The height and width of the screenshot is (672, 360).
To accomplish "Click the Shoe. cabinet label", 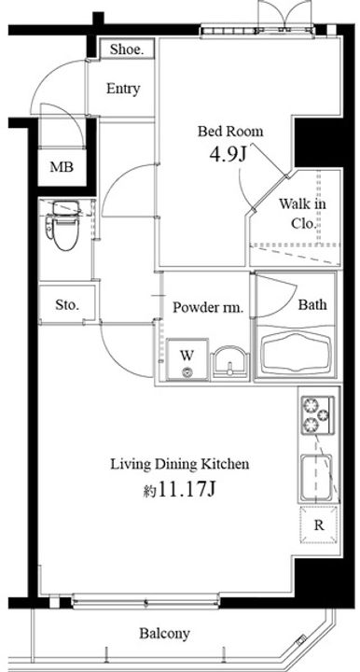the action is click(126, 49).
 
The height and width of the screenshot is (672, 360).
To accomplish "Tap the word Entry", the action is click(123, 89).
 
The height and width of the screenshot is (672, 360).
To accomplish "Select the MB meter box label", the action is click(62, 167).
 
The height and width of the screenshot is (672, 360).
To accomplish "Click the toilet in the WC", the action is click(63, 226).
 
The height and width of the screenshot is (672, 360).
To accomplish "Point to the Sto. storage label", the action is click(67, 304).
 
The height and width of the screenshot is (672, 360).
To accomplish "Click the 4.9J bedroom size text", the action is click(228, 154).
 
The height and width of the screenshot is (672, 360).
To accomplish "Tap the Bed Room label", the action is click(230, 132).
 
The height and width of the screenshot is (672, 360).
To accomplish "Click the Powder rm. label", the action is click(208, 307).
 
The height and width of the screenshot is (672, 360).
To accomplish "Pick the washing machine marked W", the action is click(187, 359).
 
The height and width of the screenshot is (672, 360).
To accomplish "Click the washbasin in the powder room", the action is click(230, 363).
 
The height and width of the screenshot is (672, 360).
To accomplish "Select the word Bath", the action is click(312, 304).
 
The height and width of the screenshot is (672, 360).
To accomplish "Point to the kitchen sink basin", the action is click(317, 477).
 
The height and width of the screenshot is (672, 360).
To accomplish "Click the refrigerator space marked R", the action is click(319, 525).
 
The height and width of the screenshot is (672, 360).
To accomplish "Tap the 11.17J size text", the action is click(179, 489).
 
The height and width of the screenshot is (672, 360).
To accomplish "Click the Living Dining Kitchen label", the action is click(180, 464).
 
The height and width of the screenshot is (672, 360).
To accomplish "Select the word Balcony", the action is click(165, 633).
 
